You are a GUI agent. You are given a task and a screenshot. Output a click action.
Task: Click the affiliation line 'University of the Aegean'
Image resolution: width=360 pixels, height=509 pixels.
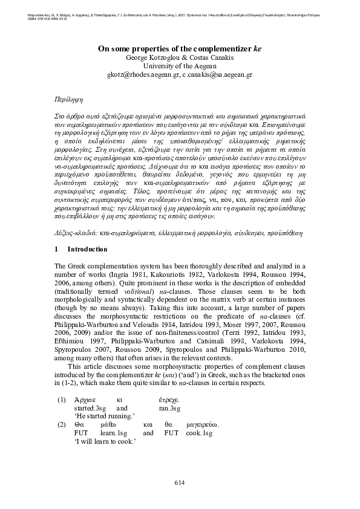(x=179, y=66)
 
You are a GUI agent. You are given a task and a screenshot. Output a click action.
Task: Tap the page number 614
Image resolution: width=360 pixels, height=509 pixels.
(x=179, y=481)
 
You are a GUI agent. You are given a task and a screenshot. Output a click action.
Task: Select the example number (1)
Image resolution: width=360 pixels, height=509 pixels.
(x=61, y=400)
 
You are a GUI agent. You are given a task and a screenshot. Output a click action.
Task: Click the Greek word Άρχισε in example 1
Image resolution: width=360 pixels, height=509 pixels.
(x=85, y=400)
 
